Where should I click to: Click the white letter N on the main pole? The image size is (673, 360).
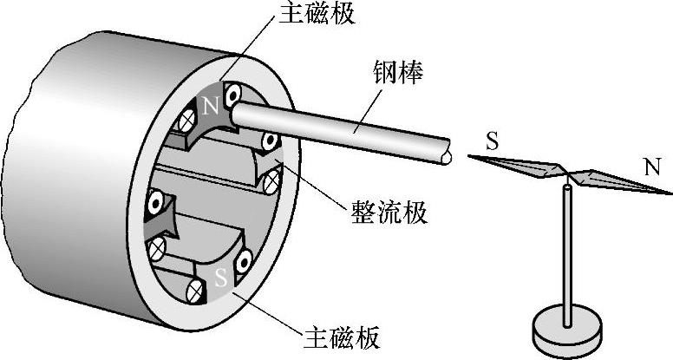[209, 107]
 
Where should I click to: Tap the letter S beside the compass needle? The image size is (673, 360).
[492, 141]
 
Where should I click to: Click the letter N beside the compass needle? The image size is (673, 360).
[650, 166]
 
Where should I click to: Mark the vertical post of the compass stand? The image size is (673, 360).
[568, 252]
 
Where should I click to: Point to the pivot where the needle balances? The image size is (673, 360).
[566, 175]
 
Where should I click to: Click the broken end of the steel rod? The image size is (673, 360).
[446, 154]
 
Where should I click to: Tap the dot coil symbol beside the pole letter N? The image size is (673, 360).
[234, 94]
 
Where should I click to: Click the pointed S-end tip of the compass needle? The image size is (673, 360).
[470, 156]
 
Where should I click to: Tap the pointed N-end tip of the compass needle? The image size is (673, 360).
[670, 192]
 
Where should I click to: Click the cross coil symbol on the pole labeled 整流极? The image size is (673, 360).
[271, 182]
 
